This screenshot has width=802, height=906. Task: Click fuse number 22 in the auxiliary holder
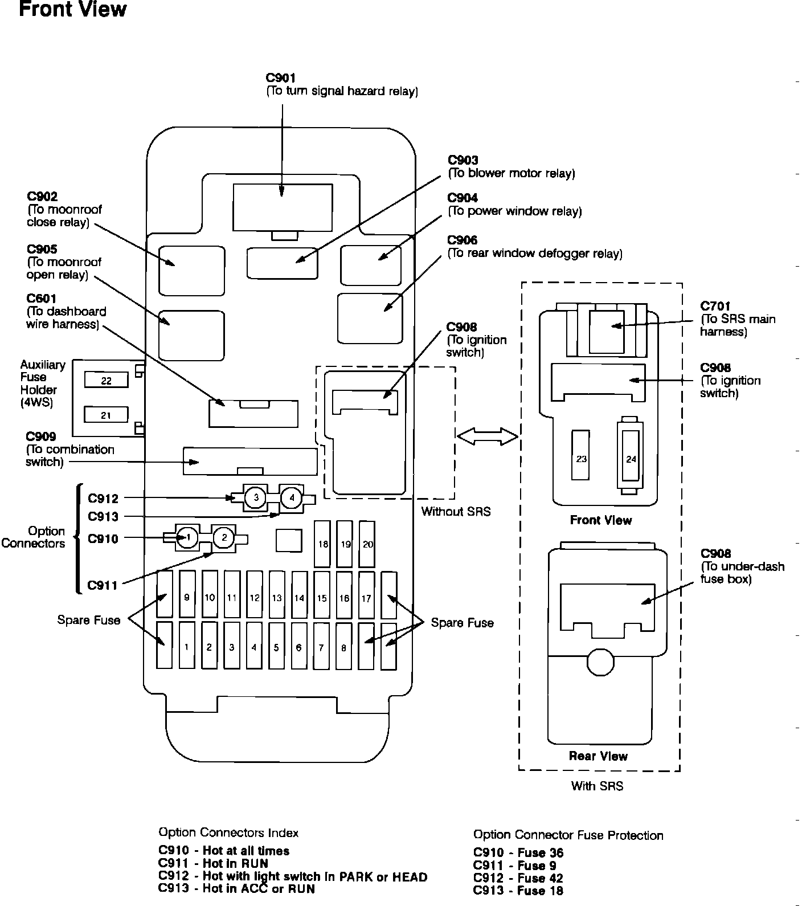[106, 379]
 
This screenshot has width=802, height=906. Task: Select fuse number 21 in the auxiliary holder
[106, 415]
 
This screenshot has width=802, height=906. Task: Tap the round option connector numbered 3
[256, 497]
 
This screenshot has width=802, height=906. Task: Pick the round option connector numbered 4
[292, 497]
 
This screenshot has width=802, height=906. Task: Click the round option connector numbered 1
[188, 537]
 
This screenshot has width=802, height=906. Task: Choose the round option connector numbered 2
[224, 537]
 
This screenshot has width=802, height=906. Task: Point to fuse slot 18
[322, 544]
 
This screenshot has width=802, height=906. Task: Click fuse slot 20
[367, 544]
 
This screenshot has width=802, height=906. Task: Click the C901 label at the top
[281, 78]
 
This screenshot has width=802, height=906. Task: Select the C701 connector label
[715, 307]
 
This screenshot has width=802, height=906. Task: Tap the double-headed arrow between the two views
[488, 436]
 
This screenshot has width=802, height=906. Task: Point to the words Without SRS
[456, 512]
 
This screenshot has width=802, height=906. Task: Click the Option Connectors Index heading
[228, 833]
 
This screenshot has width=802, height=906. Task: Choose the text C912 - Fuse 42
[518, 878]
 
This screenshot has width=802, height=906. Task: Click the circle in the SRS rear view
[600, 662]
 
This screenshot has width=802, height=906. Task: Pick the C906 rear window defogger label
[463, 240]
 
